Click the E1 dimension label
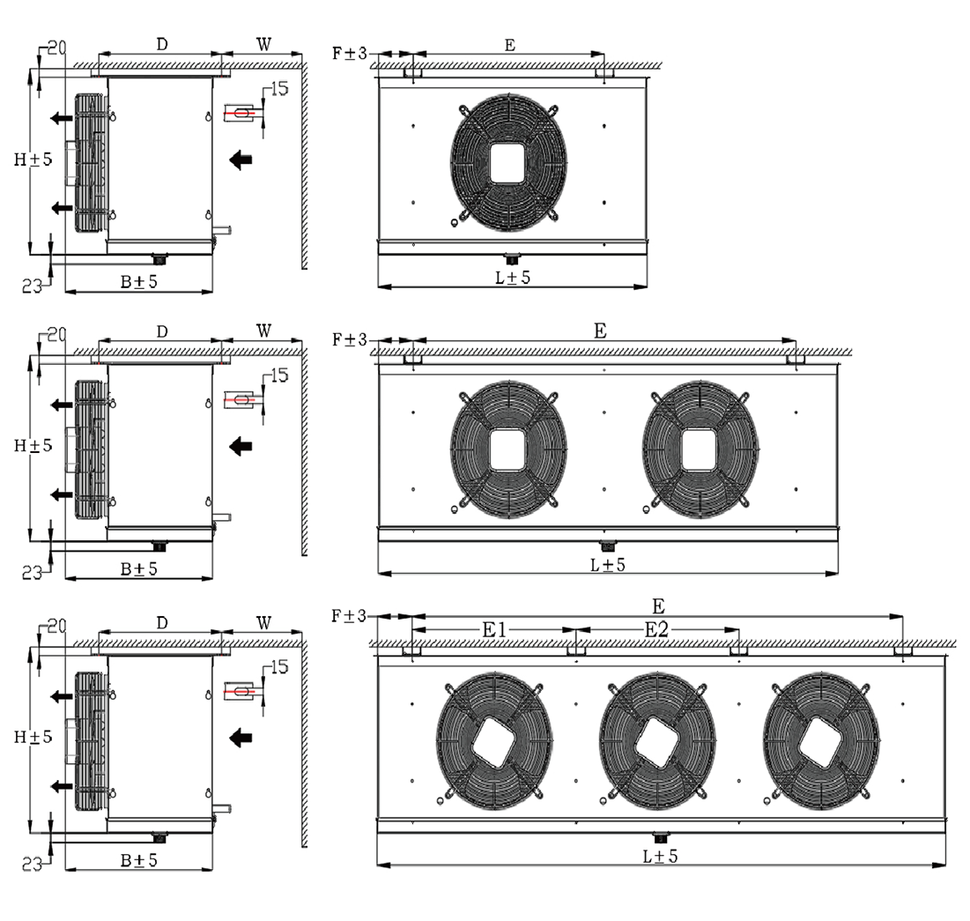(494, 630)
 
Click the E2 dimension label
(656, 630)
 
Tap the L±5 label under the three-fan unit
(660, 856)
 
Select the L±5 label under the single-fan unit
(513, 278)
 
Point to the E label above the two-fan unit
(600, 331)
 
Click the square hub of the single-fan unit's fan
(508, 163)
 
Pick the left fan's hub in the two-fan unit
(508, 450)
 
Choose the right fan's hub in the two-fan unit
(700, 450)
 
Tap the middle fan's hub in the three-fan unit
(657, 741)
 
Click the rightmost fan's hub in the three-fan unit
(821, 741)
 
